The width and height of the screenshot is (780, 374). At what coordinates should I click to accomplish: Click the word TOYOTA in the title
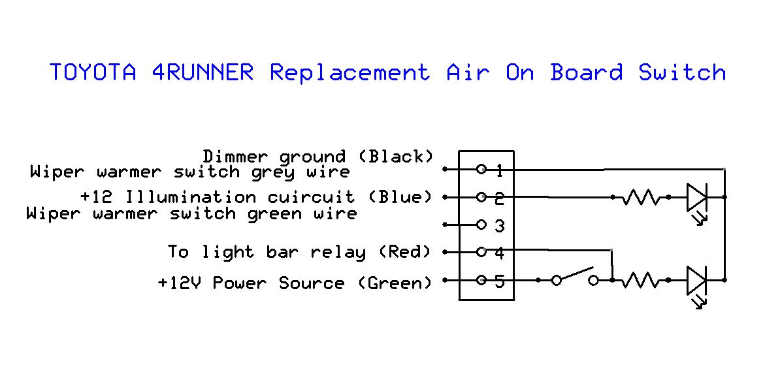93,72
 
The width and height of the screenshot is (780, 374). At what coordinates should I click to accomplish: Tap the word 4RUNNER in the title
203,72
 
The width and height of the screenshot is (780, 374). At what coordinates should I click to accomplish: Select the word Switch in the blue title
683,72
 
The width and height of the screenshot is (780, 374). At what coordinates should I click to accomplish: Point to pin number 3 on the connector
500,226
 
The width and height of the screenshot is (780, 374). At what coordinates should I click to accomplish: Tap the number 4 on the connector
500,254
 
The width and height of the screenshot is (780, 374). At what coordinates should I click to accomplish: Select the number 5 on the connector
500,281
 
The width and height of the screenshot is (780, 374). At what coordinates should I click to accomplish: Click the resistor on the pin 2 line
641,198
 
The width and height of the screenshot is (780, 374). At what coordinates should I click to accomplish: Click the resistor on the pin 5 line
641,281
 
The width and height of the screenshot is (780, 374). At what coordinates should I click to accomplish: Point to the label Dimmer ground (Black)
318,157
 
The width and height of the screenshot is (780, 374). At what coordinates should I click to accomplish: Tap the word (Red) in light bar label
406,252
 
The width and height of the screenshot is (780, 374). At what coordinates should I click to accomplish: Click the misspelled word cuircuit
312,197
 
